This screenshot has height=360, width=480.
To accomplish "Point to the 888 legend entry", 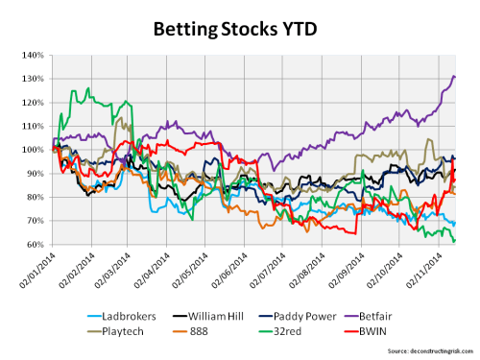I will [213, 329].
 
